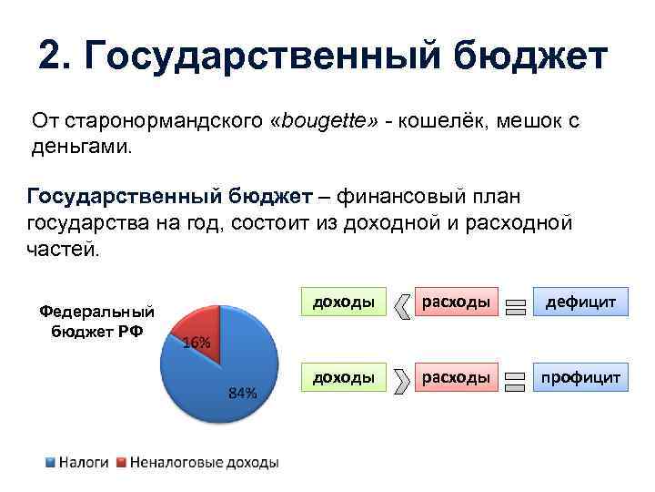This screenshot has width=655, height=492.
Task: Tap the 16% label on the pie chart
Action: (197, 343)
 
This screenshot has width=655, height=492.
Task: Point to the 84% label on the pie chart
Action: (242, 394)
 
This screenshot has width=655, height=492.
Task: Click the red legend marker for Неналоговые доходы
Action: (121, 463)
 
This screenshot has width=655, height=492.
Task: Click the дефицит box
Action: (581, 301)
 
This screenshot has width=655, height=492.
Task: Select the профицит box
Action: (581, 376)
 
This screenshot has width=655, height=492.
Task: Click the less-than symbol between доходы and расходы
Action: (401, 308)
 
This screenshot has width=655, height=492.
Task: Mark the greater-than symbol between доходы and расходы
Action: (401, 384)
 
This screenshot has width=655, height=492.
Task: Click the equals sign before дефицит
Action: (516, 308)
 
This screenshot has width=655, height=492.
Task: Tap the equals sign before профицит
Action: (516, 384)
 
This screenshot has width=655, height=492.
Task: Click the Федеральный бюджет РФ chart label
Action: (96, 320)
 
